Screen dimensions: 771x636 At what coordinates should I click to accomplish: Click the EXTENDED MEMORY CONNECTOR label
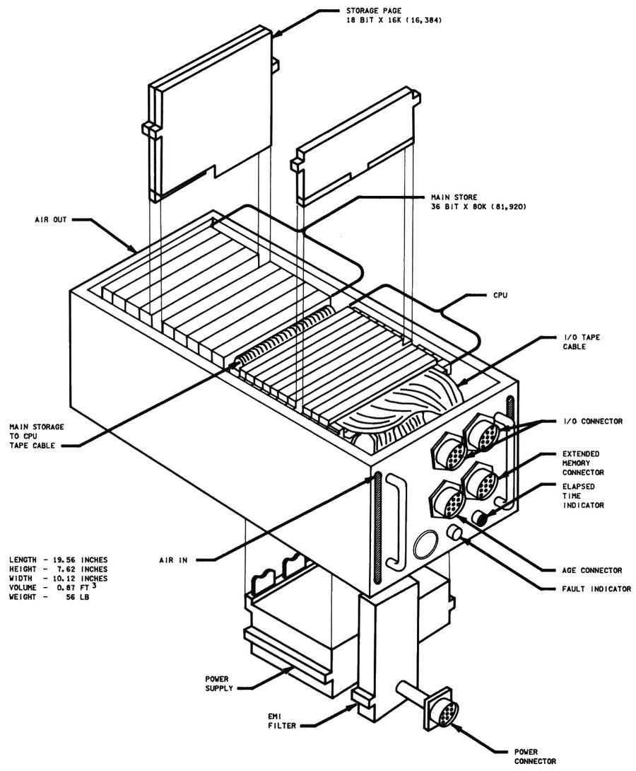(x=582, y=463)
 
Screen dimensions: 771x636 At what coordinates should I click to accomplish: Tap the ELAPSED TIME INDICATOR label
(x=583, y=497)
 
